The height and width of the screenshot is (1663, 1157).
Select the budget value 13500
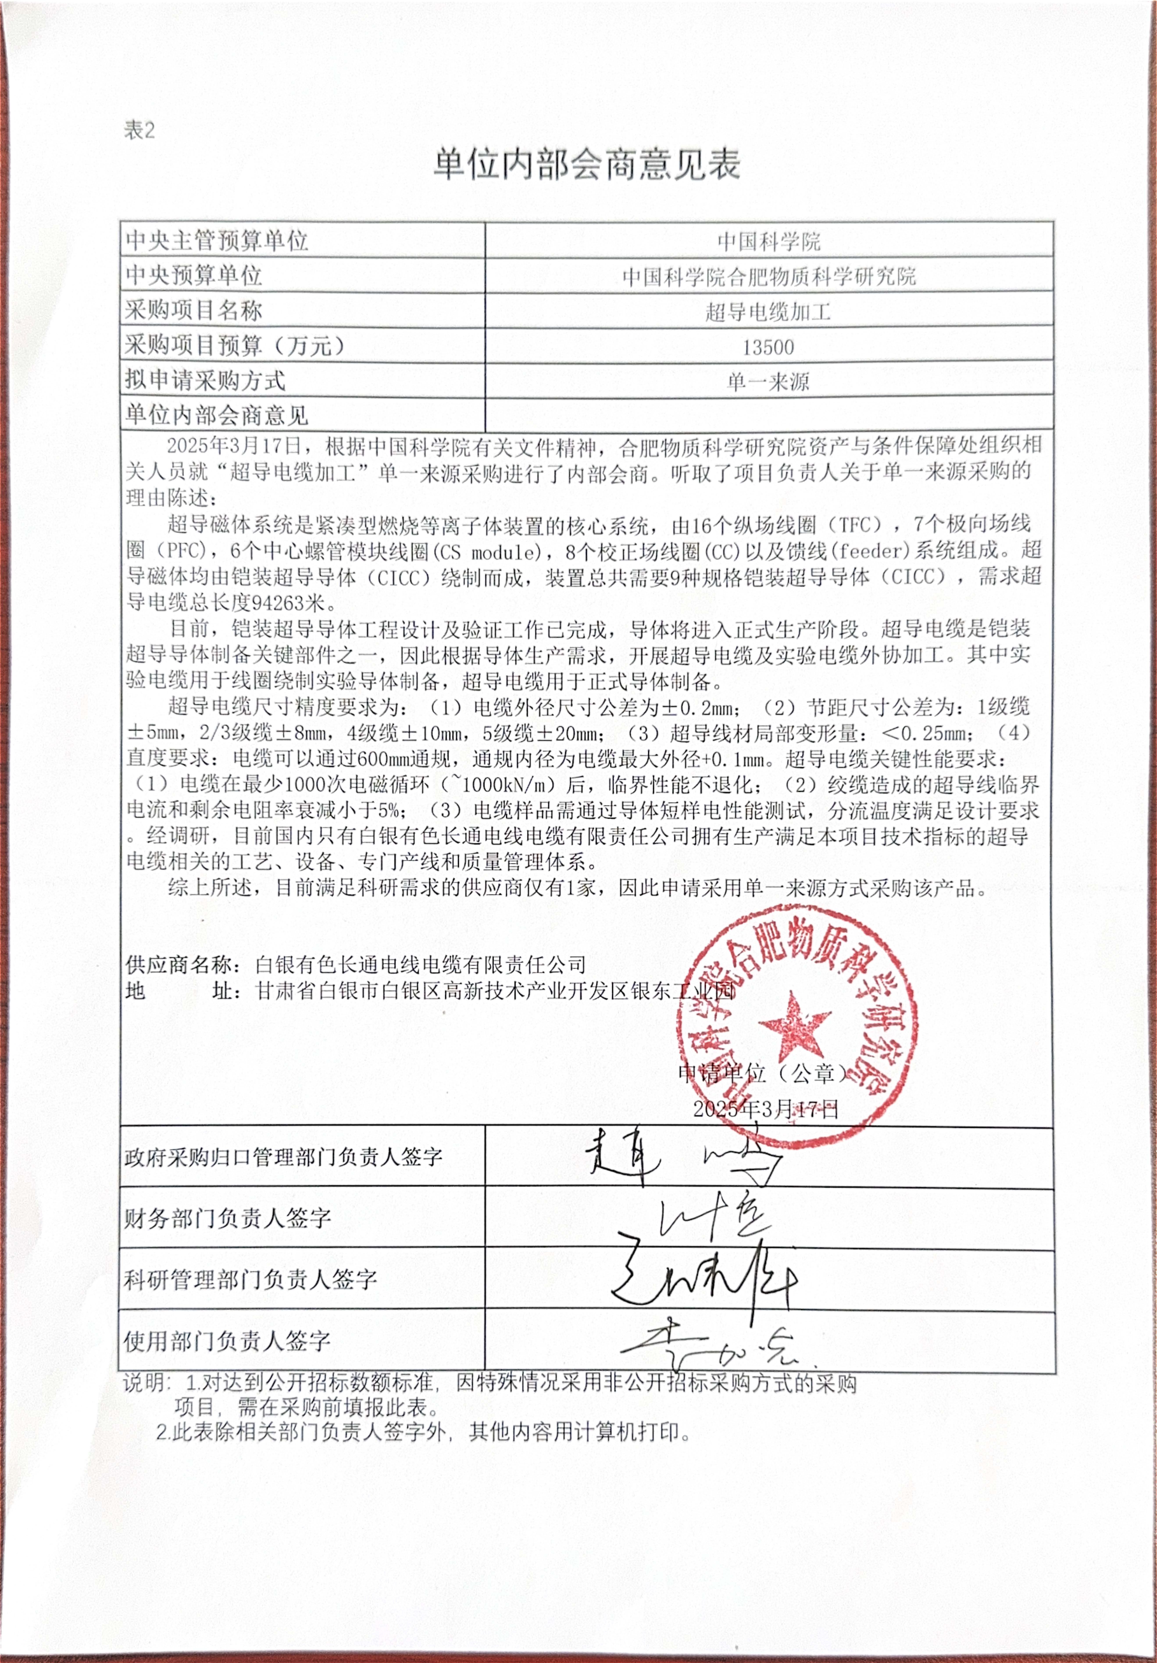click(768, 347)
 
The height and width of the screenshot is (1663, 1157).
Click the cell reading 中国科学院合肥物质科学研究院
click(768, 276)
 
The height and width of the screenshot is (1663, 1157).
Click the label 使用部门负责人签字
click(227, 1341)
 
